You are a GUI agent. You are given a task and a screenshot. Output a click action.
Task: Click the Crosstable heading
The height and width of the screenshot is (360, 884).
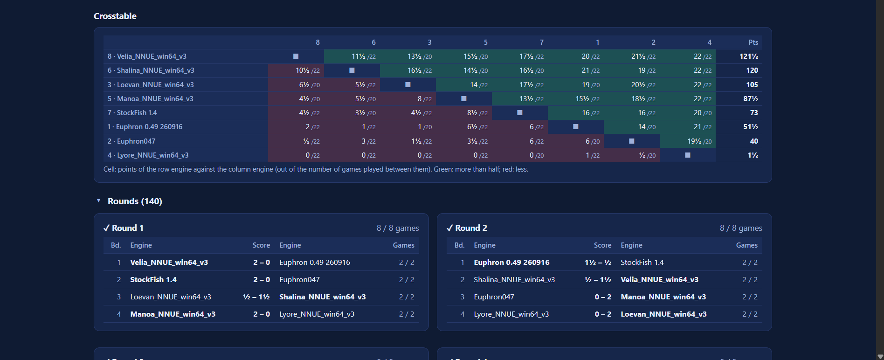115,16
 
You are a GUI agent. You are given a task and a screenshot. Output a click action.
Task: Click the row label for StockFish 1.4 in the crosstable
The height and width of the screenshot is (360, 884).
132,113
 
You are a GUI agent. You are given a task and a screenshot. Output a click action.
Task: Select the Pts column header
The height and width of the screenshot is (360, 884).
753,42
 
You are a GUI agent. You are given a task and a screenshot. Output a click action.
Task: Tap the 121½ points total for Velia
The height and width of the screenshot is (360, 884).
748,56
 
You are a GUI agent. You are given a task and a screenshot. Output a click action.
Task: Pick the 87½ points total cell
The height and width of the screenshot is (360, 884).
751,99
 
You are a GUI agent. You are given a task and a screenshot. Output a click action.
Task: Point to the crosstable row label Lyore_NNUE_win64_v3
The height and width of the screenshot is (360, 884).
148,155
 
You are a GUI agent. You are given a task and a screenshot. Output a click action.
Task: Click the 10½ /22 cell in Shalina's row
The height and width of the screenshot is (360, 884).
308,70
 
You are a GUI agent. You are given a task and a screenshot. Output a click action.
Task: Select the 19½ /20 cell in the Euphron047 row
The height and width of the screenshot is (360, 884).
699,141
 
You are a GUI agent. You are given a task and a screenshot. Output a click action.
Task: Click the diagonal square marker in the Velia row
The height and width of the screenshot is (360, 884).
296,56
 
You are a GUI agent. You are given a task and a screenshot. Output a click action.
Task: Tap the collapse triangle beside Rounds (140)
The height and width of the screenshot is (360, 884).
98,201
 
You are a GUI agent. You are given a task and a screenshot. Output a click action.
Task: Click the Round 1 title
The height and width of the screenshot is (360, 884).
124,228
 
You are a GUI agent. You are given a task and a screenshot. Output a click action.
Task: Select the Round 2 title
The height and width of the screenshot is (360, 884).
467,228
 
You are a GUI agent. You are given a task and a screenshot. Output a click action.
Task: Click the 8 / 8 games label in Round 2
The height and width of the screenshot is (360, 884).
741,228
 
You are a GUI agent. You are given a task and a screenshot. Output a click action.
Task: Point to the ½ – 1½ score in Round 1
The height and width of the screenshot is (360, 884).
256,297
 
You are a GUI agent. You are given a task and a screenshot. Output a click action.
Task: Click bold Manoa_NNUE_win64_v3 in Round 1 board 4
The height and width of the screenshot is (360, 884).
173,314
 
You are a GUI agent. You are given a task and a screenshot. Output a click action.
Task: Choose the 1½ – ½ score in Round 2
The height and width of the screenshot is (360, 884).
598,263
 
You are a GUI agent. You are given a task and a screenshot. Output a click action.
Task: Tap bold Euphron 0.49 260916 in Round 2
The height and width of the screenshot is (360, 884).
511,263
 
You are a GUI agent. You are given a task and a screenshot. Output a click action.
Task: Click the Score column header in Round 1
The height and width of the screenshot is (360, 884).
261,245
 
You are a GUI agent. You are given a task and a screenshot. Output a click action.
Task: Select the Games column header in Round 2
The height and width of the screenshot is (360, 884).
747,245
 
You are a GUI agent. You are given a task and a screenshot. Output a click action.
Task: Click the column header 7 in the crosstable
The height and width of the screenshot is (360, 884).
541,42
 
